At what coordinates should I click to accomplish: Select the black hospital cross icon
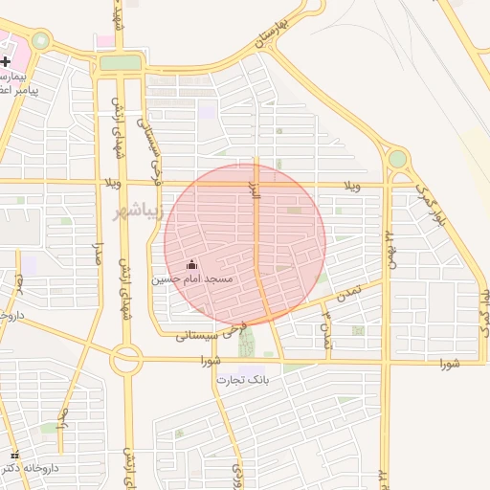click(x=6, y=61)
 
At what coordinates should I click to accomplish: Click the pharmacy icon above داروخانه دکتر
click(x=13, y=455)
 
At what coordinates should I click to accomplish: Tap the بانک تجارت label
click(x=243, y=380)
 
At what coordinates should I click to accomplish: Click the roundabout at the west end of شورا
click(x=126, y=360)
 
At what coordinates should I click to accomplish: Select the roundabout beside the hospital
click(x=40, y=41)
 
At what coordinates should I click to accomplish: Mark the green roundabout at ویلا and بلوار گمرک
click(x=397, y=159)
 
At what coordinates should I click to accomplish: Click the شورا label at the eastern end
click(x=450, y=364)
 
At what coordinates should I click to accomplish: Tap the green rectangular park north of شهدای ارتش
click(x=120, y=63)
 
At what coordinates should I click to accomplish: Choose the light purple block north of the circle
click(x=207, y=111)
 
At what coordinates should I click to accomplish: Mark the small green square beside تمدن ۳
click(x=358, y=331)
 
